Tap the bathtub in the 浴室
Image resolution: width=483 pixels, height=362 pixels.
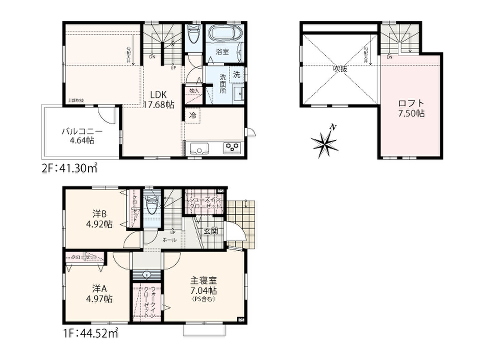(225, 37)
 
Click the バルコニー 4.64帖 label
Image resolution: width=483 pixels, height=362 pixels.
(82, 136)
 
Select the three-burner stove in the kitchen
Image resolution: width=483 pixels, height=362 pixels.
(232, 147)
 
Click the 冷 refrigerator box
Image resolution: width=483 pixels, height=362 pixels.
(192, 115)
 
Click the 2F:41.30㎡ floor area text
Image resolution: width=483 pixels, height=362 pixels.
(70, 169)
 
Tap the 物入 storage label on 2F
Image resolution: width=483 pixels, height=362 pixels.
(194, 91)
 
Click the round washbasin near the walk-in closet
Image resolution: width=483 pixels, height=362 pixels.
(146, 275)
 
